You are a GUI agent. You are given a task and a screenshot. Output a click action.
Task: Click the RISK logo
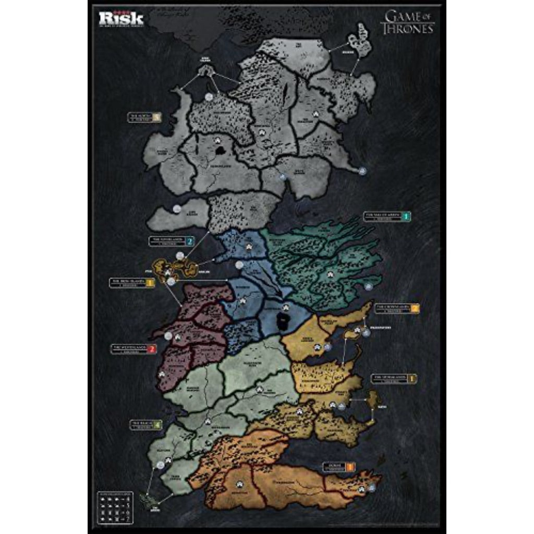pos(121,19)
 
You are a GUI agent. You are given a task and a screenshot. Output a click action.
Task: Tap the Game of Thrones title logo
pos(408,22)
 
